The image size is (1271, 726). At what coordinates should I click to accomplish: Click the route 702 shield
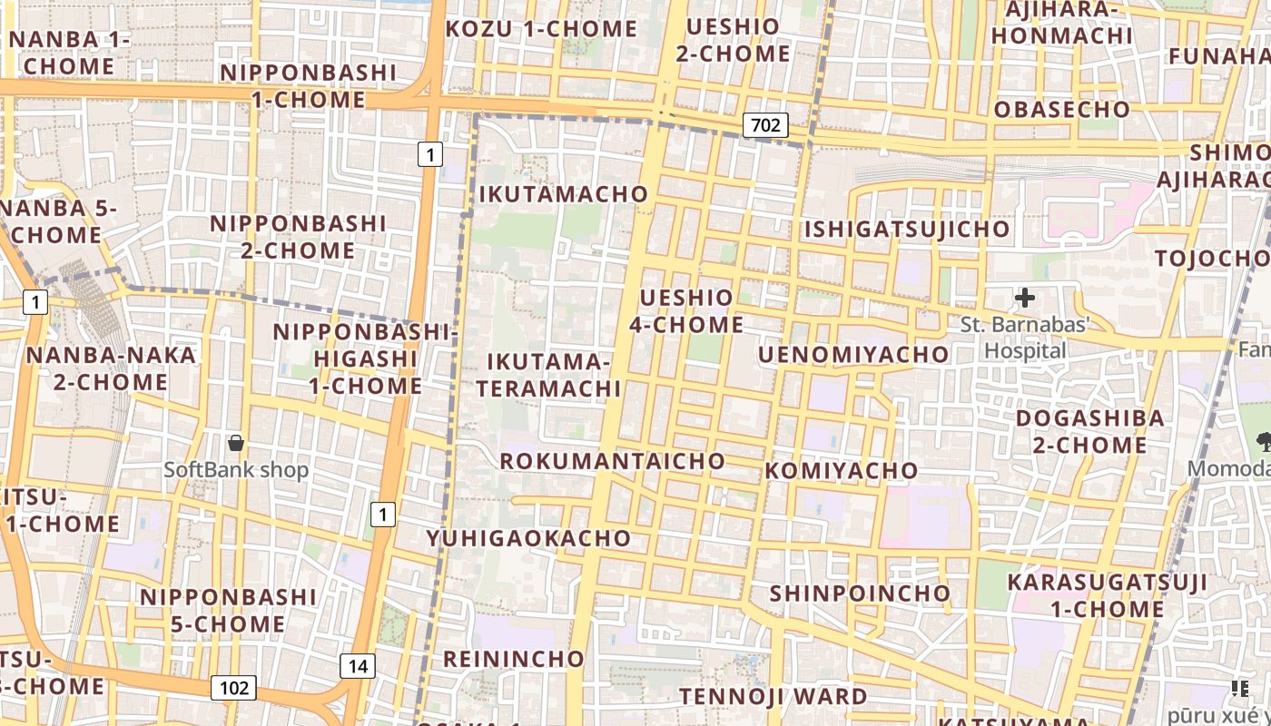(x=765, y=125)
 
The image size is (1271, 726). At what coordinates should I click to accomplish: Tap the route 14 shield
(x=358, y=666)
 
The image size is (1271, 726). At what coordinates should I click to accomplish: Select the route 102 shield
(x=233, y=688)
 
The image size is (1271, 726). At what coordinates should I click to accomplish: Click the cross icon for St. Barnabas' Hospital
(x=1025, y=298)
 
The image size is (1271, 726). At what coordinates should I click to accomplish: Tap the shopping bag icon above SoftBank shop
(x=236, y=443)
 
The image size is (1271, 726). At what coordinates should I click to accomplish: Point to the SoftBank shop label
(x=236, y=470)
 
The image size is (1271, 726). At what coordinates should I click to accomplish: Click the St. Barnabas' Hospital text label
(x=1025, y=337)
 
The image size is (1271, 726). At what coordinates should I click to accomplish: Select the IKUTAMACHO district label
(x=564, y=194)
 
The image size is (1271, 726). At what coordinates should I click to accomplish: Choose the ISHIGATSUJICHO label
(x=907, y=229)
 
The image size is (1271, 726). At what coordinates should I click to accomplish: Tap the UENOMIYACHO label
(x=853, y=355)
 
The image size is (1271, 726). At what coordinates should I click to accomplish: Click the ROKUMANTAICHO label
(x=613, y=461)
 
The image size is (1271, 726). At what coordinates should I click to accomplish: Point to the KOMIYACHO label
(x=842, y=471)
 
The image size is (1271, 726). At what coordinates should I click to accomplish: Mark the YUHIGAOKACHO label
(x=528, y=538)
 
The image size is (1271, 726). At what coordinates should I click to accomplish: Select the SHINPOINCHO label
(x=860, y=594)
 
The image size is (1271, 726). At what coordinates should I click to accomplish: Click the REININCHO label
(x=513, y=659)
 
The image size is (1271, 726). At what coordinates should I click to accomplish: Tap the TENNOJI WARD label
(x=773, y=697)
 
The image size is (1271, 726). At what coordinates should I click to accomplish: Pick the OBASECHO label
(x=1062, y=110)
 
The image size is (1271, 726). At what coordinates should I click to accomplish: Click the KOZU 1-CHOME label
(x=541, y=29)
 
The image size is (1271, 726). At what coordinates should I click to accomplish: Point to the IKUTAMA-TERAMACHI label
(x=548, y=375)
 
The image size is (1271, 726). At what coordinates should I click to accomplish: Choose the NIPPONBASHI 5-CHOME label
(x=228, y=611)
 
